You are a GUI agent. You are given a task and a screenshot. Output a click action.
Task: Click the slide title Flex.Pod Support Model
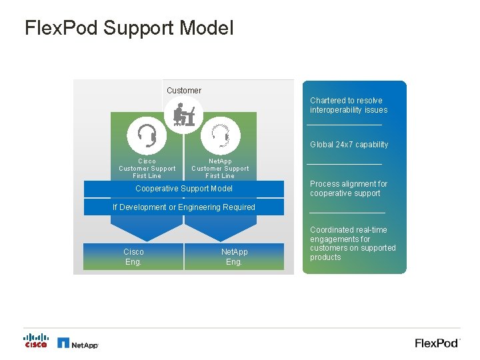(x=129, y=28)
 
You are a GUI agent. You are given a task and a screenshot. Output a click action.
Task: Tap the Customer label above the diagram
(x=183, y=91)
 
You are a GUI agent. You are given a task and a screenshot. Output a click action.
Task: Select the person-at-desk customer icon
(x=183, y=115)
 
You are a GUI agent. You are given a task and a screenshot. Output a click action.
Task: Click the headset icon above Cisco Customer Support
(x=147, y=135)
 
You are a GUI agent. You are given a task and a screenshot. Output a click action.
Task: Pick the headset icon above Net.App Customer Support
(x=220, y=135)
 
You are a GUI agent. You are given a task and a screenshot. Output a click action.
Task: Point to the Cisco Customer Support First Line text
(x=147, y=169)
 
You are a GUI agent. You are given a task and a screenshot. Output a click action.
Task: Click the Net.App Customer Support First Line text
(x=220, y=169)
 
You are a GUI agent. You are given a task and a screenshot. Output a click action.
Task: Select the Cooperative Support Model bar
(x=183, y=189)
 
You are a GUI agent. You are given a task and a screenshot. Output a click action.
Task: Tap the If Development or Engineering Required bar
(x=183, y=207)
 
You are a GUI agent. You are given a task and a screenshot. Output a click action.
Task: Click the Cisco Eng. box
(x=133, y=257)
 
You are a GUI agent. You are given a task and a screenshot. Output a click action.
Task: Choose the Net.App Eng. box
(x=234, y=257)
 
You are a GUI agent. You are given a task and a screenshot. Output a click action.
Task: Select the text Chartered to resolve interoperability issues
(x=348, y=105)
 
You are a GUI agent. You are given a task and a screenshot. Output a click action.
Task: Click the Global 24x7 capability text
(x=349, y=145)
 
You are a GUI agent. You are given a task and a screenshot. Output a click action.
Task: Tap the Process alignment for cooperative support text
(x=348, y=189)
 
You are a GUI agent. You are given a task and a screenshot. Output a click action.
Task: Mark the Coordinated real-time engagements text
(x=353, y=243)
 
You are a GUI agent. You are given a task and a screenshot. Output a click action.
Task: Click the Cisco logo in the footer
(x=36, y=341)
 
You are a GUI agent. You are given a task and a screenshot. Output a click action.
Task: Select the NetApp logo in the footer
(x=78, y=343)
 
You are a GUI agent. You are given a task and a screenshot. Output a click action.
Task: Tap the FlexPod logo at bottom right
(x=437, y=343)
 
